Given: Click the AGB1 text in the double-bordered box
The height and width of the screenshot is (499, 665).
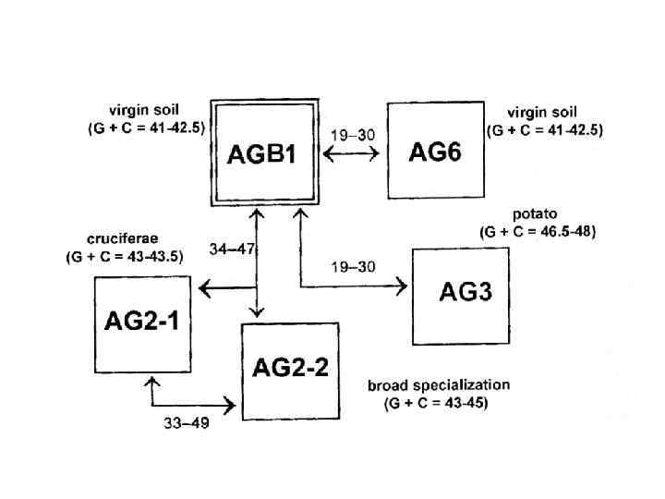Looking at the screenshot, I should [x=262, y=154].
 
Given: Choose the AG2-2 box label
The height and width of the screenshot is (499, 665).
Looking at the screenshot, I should [x=290, y=367].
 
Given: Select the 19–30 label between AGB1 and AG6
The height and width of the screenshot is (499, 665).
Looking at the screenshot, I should [x=353, y=135].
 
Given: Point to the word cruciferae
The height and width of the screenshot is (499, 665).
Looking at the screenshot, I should [x=108, y=238].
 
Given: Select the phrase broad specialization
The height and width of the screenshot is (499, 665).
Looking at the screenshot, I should [x=438, y=384].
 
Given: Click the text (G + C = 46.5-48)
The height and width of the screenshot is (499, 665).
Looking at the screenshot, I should [x=538, y=232].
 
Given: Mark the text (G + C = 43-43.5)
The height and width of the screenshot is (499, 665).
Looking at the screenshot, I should [x=124, y=256].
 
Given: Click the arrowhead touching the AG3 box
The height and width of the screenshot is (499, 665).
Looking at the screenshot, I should [x=402, y=287].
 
